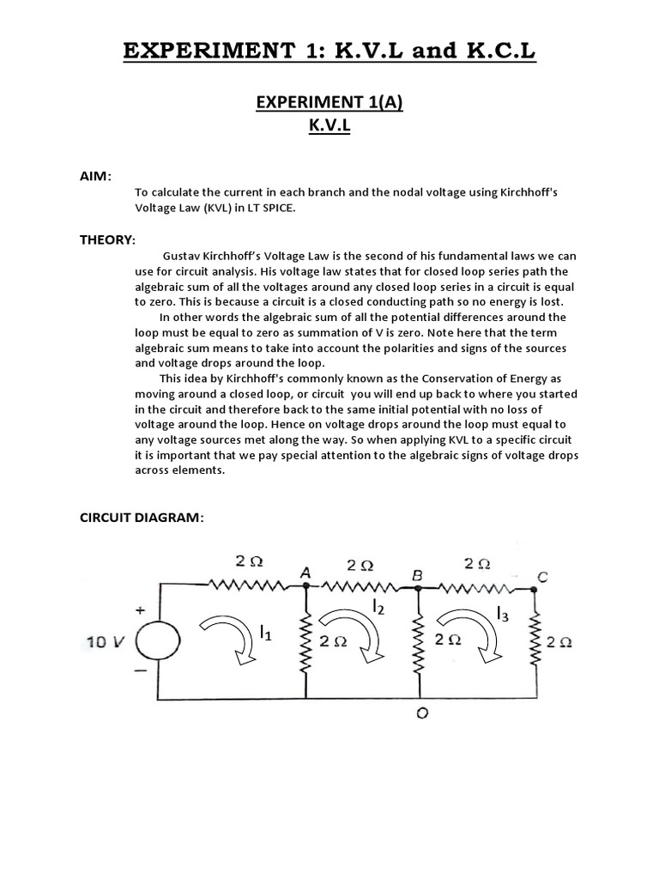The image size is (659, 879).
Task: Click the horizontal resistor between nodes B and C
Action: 476,588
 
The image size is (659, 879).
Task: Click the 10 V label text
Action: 106,642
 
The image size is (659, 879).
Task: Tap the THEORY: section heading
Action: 108,239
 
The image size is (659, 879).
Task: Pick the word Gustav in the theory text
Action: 183,257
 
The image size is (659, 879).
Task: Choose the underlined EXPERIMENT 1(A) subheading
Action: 329,103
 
